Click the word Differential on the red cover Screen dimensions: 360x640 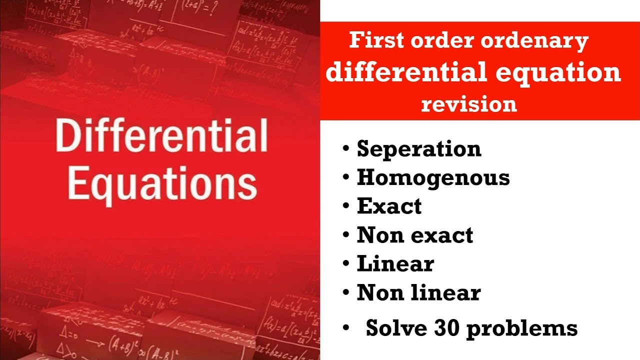point(161,136)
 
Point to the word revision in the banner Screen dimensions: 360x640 point(469,104)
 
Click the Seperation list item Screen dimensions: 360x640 point(419,149)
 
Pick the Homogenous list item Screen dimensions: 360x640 point(433,177)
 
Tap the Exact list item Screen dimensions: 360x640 point(389,206)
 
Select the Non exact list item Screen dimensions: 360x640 point(414,235)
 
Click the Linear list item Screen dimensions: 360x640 point(395,263)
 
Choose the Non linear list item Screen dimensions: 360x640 point(418,292)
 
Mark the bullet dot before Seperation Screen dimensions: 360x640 point(346,149)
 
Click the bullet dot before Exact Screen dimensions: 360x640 point(346,206)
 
